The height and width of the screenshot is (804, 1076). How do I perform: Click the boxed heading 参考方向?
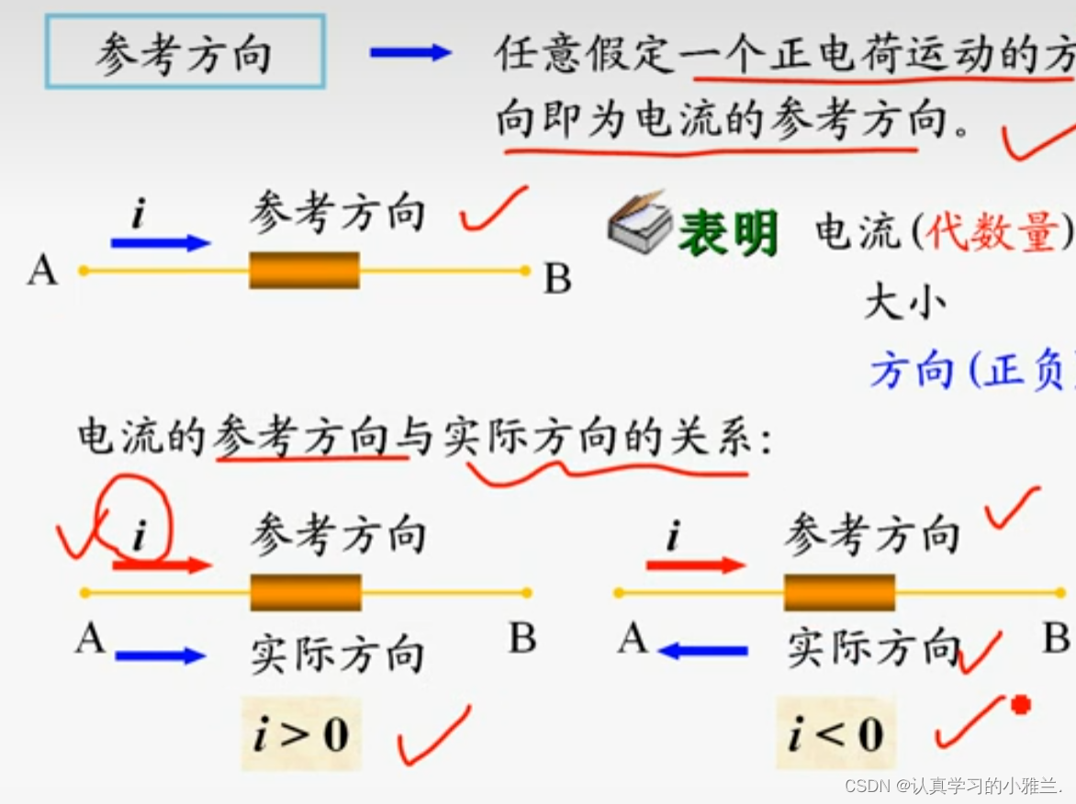(185, 53)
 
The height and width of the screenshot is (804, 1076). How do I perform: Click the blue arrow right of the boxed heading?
(409, 53)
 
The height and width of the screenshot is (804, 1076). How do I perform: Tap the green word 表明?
(728, 233)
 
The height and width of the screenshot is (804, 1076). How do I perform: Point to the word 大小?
(903, 302)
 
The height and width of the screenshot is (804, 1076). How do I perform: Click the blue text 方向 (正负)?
(969, 372)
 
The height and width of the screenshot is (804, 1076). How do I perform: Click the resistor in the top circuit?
(304, 271)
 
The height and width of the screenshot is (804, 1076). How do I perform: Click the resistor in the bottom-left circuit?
(306, 592)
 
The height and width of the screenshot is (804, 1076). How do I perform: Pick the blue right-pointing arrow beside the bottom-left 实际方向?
(160, 655)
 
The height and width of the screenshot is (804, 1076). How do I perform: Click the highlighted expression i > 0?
(300, 735)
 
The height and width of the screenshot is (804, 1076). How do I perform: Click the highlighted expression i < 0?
(835, 734)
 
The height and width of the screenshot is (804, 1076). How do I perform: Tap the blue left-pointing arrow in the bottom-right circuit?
(703, 652)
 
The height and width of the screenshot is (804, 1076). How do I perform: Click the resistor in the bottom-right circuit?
(839, 592)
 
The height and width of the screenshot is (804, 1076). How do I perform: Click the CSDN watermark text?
(952, 787)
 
